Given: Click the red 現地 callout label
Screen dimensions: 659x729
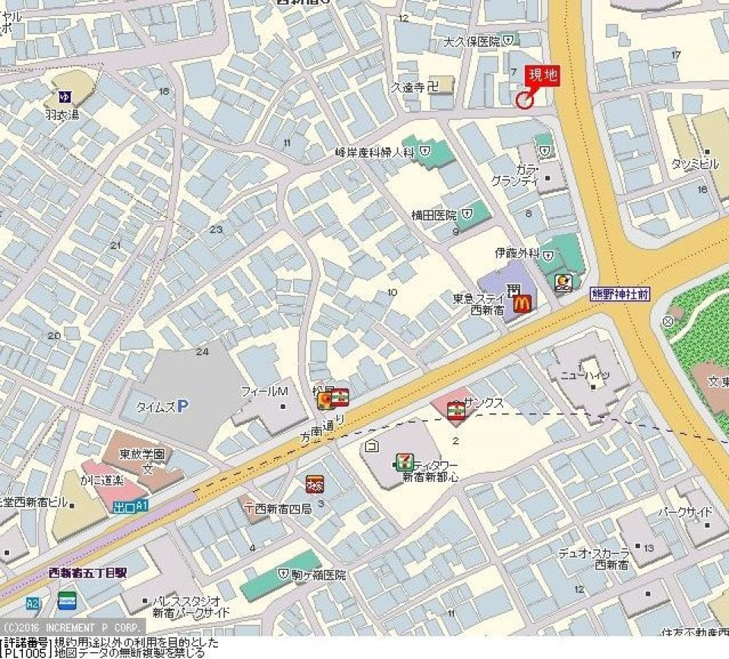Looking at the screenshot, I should coord(543,75).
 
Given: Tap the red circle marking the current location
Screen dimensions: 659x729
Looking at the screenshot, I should coord(524,100).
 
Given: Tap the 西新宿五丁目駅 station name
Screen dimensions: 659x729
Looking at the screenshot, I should coord(87,572).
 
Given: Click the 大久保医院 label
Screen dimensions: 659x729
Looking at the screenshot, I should coord(472,41).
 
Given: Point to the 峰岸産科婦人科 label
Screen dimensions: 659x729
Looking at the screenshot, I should coord(374,153).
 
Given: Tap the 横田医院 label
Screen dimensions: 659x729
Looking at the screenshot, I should coord(434,215).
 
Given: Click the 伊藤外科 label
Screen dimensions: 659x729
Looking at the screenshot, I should coord(517,253).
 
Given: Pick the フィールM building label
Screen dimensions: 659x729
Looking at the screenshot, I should coord(264,391).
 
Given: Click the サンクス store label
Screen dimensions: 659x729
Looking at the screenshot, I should coord(484,404).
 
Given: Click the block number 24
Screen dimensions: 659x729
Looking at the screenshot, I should coord(201,351).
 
